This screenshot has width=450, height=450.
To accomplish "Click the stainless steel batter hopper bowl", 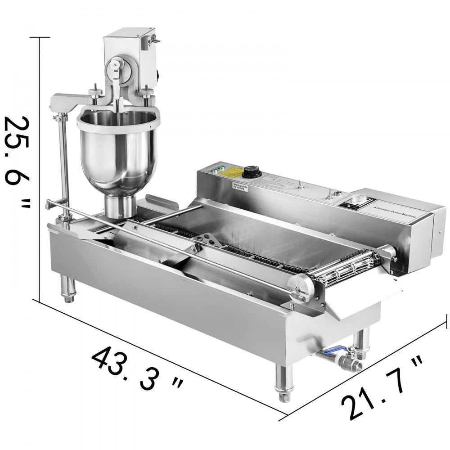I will coord(118,148).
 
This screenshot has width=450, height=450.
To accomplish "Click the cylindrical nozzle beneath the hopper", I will coord(120,207).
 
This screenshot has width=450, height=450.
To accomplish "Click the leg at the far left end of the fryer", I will coord(67,288).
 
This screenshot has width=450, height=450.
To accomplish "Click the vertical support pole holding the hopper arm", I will coord(63,162).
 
